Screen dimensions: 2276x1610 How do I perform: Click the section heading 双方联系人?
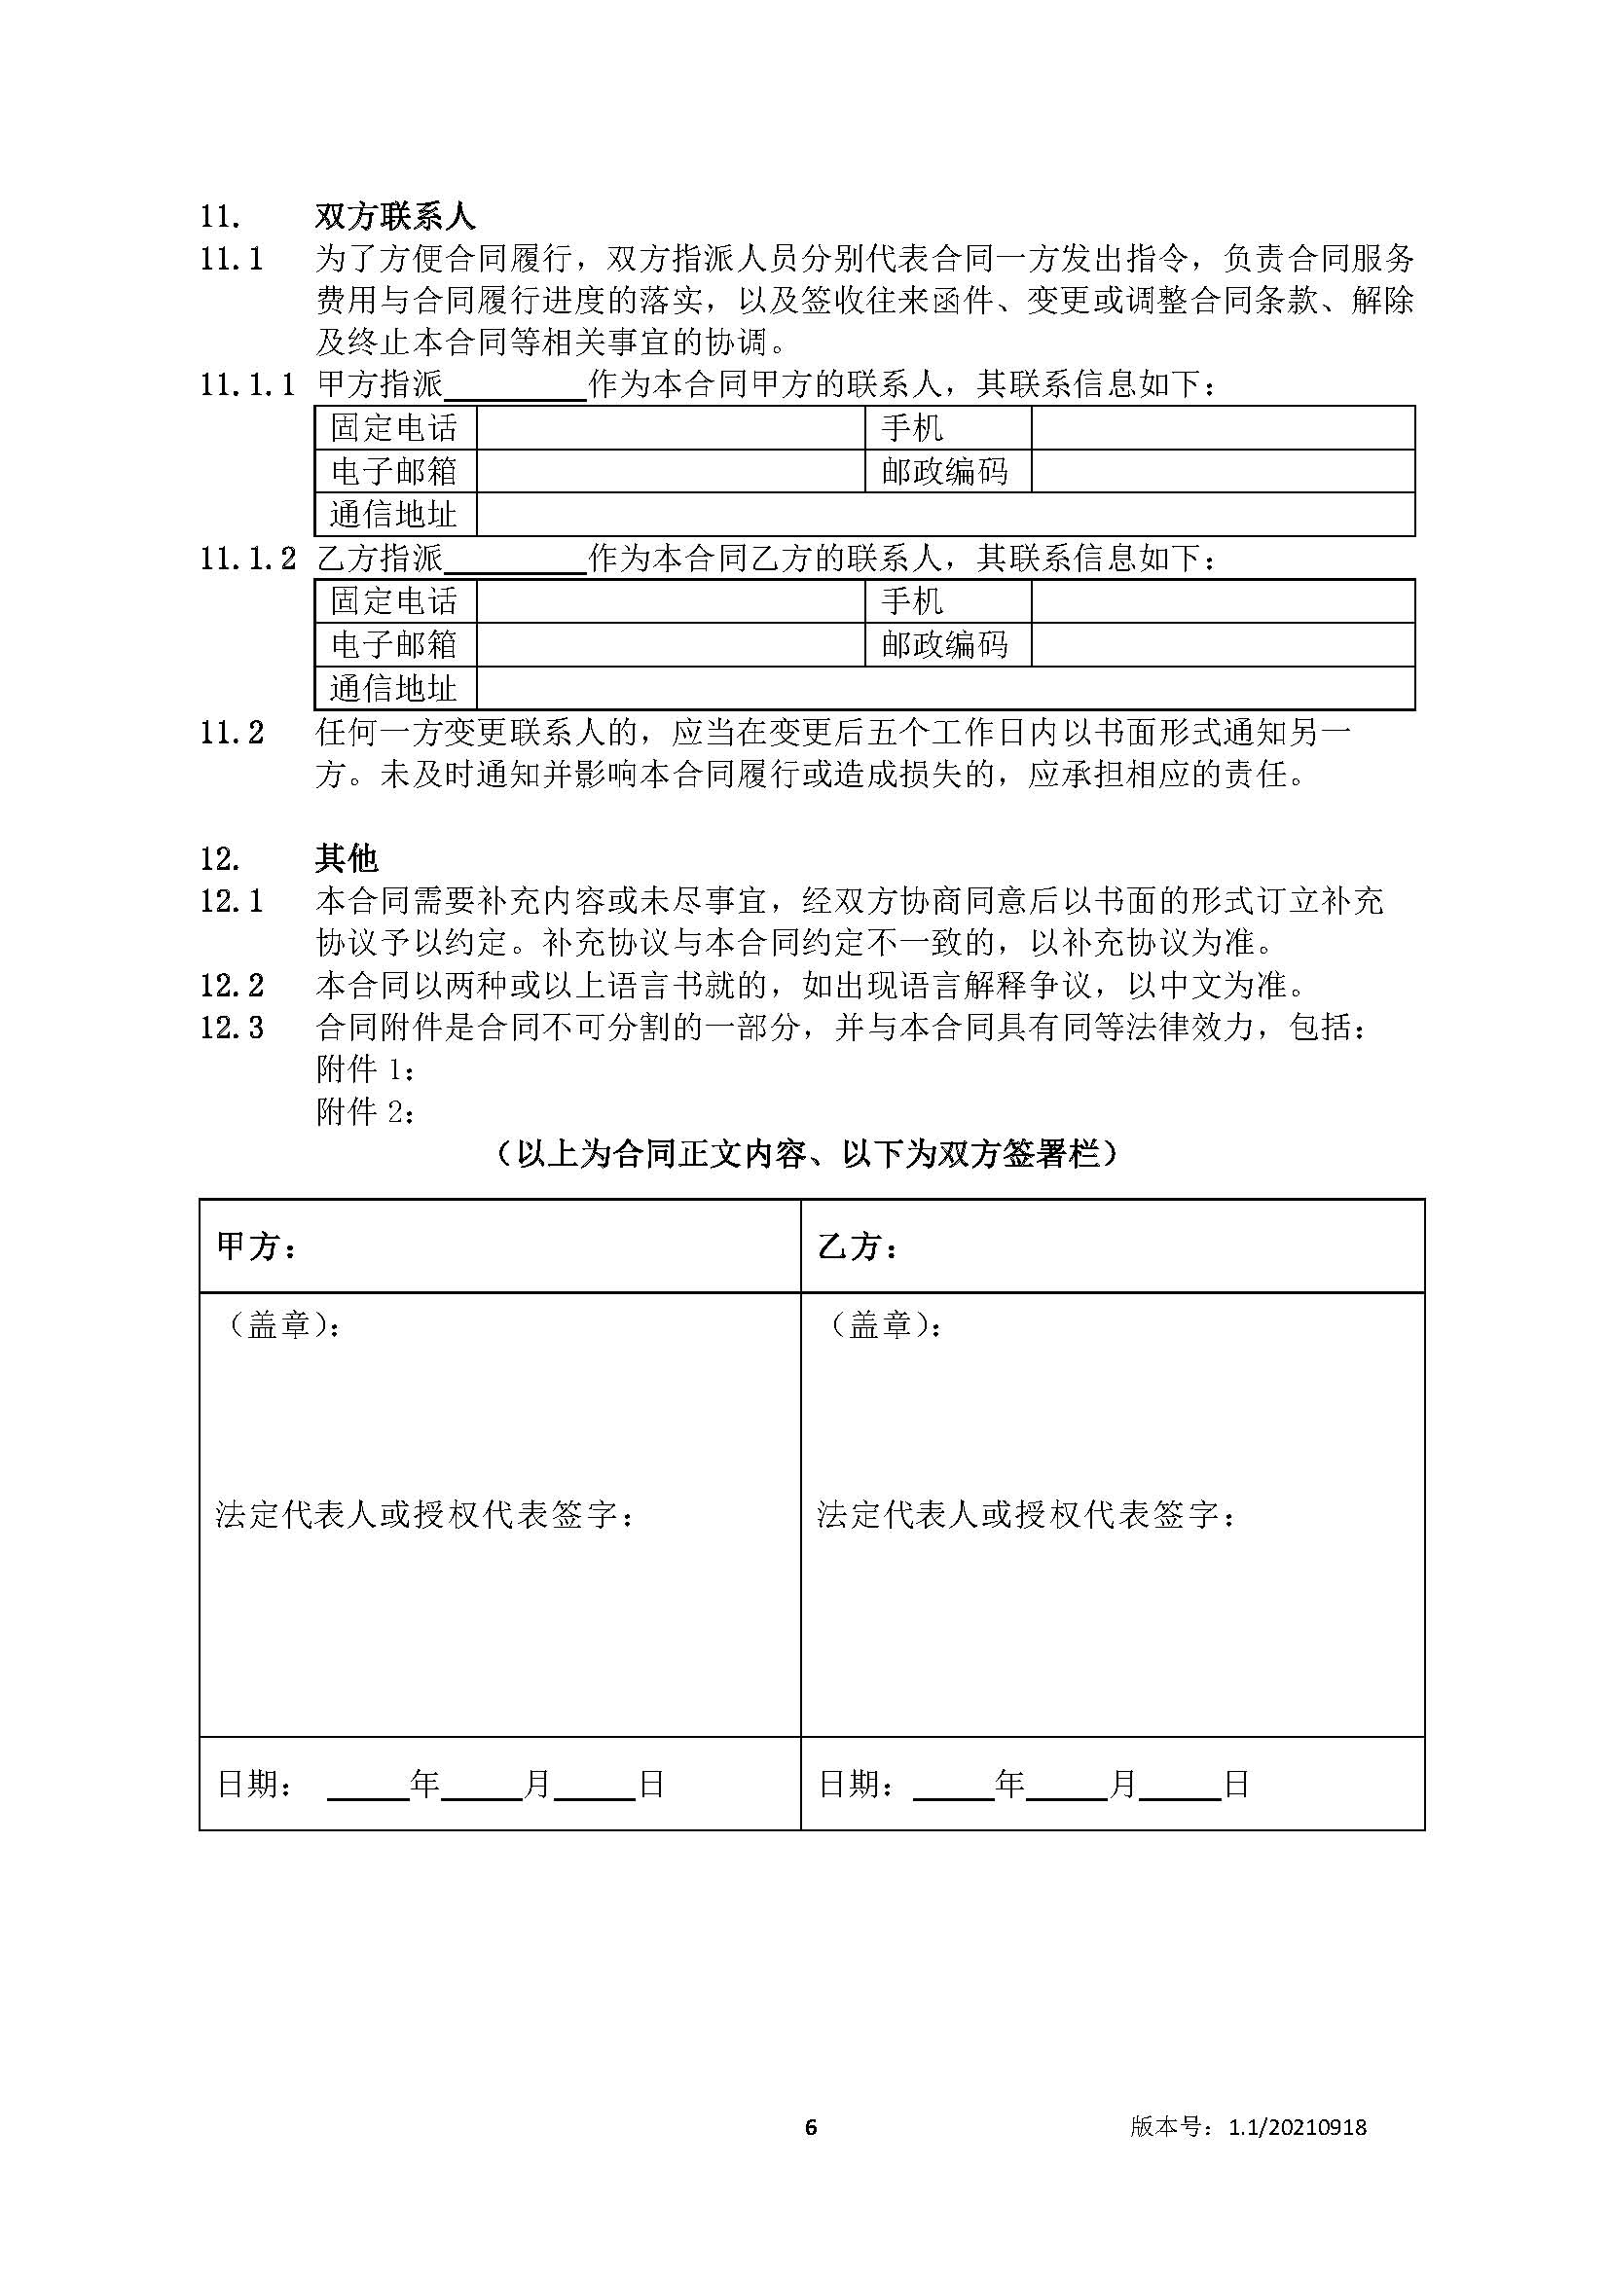coord(394,216)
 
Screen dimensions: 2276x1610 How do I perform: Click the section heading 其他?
coord(346,857)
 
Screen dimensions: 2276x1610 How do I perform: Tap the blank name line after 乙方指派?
coord(516,560)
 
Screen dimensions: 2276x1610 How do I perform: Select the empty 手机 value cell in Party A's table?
coord(1222,428)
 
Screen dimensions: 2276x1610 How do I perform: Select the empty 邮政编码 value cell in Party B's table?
coord(1222,645)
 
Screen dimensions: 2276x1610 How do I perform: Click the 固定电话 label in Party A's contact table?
coord(394,428)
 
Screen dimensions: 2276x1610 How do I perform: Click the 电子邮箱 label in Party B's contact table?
coord(394,645)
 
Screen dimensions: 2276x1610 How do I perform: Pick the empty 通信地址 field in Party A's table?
coord(944,515)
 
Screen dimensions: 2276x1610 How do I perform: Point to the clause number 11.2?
coord(232,734)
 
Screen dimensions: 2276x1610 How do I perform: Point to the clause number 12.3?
coord(232,1028)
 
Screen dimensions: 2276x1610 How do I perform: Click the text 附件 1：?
coord(365,1069)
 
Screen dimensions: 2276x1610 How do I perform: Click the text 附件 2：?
coord(365,1112)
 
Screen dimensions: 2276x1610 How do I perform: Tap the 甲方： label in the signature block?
coord(257,1247)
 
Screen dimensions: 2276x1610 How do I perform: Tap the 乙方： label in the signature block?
coord(859,1247)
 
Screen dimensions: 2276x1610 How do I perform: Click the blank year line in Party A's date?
coord(368,1786)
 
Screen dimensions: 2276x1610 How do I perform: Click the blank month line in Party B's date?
coord(1067,1786)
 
